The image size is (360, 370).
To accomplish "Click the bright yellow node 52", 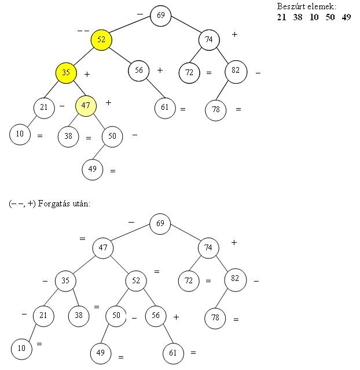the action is [x=101, y=40].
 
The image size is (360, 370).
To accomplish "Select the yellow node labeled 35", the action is [x=66, y=73].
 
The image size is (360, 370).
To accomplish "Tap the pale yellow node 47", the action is [x=86, y=106].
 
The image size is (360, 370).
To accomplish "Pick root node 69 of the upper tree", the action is [x=161, y=16].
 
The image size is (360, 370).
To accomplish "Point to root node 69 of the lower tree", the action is [x=160, y=224].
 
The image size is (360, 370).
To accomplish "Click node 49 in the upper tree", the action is [x=93, y=169].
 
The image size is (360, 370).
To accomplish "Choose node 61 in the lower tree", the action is [x=173, y=353].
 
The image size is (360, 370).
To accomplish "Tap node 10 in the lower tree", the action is [x=21, y=349].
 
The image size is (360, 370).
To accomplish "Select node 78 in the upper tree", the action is [x=216, y=110].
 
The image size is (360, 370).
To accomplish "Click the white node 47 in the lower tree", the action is [x=103, y=248].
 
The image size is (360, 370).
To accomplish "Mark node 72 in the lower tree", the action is [x=189, y=281].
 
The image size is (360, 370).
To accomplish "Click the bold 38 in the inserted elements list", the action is [x=297, y=17].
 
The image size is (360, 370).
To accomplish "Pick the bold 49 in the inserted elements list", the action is [x=346, y=17].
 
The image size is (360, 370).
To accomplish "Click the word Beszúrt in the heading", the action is [x=291, y=6].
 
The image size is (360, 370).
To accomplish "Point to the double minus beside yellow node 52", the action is [x=83, y=31].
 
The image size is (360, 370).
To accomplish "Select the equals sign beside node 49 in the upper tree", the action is [x=113, y=171].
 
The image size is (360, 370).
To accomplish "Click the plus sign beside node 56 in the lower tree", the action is [x=176, y=317].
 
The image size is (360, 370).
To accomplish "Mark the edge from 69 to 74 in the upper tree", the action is [x=185, y=24].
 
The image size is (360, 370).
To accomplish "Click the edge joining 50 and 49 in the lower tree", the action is [x=105, y=334].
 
